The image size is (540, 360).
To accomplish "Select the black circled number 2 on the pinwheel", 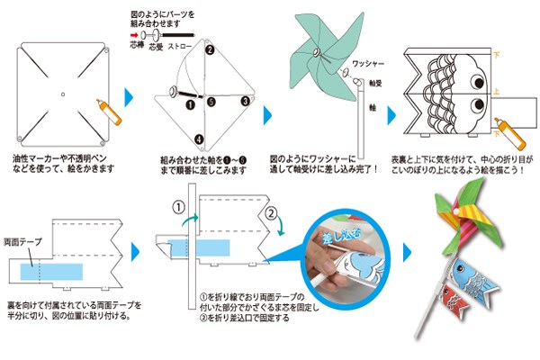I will (x=209, y=50).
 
